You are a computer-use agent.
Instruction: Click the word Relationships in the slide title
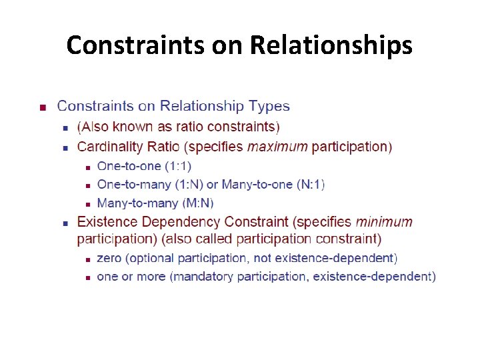(x=331, y=45)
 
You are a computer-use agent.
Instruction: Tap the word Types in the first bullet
(x=269, y=106)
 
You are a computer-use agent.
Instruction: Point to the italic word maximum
(x=277, y=147)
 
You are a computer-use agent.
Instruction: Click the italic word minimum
(x=384, y=221)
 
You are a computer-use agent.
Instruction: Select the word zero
(x=109, y=258)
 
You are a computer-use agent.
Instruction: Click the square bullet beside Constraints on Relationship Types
(x=42, y=107)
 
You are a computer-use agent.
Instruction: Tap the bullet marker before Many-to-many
(x=87, y=204)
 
